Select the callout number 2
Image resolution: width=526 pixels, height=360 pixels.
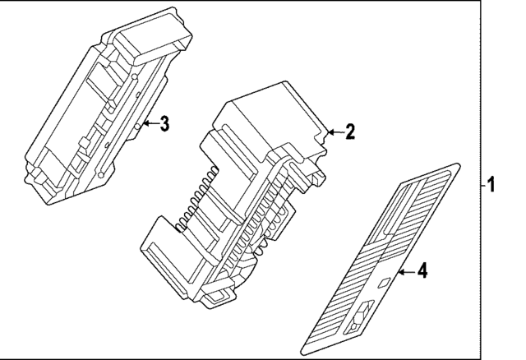click(x=349, y=132)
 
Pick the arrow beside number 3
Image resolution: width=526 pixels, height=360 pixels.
click(x=148, y=124)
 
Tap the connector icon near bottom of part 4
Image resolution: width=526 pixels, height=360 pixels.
click(x=359, y=317)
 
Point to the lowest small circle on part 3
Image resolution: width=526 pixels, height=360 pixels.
click(x=98, y=174)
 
